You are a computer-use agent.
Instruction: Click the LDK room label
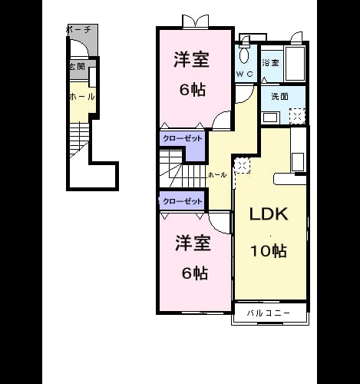(269, 214)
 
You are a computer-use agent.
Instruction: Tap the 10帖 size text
(268, 251)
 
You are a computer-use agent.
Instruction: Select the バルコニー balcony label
(269, 313)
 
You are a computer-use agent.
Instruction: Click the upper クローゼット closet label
(183, 138)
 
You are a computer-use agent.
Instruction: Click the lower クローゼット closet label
(183, 201)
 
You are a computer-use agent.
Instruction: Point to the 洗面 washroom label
(279, 97)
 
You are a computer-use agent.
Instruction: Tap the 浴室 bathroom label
(270, 63)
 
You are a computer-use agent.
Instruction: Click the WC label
(245, 74)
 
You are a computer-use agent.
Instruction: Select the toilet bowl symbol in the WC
(245, 55)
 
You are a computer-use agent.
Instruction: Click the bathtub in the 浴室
(295, 64)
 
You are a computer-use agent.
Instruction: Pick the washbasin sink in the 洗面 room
(271, 118)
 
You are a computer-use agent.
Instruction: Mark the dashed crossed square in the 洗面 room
(297, 116)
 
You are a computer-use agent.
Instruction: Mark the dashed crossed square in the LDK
(242, 166)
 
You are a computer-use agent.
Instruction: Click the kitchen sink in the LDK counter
(298, 162)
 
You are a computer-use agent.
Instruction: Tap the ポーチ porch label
(79, 30)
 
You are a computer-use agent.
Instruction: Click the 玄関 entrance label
(77, 67)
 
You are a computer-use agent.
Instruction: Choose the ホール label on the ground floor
(82, 97)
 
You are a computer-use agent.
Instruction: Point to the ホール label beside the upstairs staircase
(217, 175)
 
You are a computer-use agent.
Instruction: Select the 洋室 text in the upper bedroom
(192, 60)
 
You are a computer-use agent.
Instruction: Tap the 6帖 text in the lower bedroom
(195, 273)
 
